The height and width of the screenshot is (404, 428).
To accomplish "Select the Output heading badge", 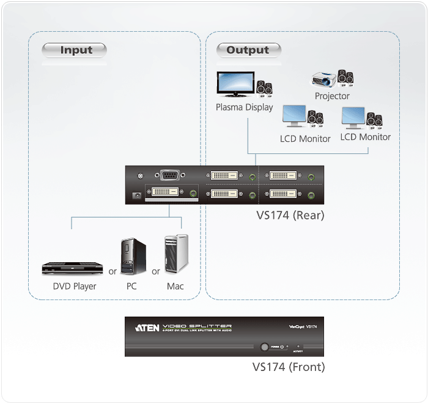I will pos(248,50).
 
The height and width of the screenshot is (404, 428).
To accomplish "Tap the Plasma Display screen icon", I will pos(235,86).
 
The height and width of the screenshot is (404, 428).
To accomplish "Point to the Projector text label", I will pos(332,96).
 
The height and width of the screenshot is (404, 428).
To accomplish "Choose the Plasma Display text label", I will pos(244,108).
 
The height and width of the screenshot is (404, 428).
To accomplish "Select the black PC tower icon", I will pos(133,257).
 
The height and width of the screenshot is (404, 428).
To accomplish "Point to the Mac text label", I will pos(175,286).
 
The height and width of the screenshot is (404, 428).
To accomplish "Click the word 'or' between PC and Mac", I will pos(156,271).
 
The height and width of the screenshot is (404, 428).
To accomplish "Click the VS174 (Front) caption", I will pos(288,367).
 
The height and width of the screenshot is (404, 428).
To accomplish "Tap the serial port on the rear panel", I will pos(170,175).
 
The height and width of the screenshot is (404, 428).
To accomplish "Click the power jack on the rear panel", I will pos(136,195).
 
